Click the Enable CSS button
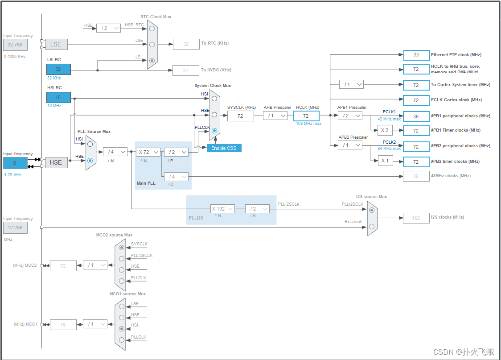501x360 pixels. (224, 148)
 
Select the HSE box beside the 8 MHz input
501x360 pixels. (56, 162)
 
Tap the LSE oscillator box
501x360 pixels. (56, 44)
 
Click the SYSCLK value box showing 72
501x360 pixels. (240, 116)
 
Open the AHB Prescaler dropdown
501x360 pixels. (275, 116)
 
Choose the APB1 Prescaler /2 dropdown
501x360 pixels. (350, 116)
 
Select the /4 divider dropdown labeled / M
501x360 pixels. (115, 152)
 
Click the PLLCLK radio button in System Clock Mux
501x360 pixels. (214, 131)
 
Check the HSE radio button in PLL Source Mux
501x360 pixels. (90, 161)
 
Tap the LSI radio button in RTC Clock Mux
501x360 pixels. (152, 60)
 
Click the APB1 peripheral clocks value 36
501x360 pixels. (416, 116)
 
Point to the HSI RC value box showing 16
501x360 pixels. (58, 97)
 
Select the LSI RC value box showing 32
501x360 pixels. (58, 69)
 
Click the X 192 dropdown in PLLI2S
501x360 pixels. (222, 209)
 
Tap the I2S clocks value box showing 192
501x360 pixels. (416, 218)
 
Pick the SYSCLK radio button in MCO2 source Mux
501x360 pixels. (122, 247)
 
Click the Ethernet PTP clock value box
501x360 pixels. (416, 55)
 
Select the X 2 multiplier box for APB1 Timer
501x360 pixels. (385, 131)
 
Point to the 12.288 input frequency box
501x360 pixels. (15, 228)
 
